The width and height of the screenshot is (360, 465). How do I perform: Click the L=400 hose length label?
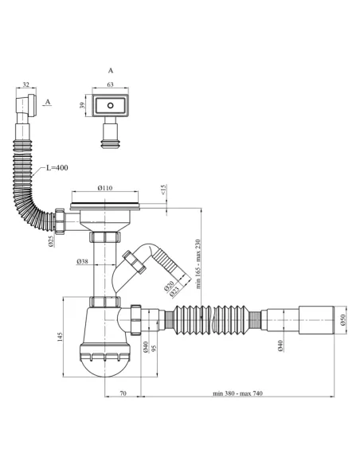57,168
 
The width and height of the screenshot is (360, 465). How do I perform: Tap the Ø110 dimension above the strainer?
105,188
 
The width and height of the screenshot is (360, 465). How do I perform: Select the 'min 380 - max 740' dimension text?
237,393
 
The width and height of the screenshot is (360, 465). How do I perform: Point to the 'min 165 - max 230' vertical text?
198,264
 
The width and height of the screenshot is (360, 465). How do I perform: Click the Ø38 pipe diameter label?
83,261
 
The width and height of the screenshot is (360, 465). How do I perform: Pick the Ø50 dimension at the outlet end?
343,320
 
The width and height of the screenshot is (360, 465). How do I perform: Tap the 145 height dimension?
60,337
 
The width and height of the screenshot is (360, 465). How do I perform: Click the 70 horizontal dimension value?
123,393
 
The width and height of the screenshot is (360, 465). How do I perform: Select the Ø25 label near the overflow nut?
51,241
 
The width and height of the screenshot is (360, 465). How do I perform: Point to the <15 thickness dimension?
164,190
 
